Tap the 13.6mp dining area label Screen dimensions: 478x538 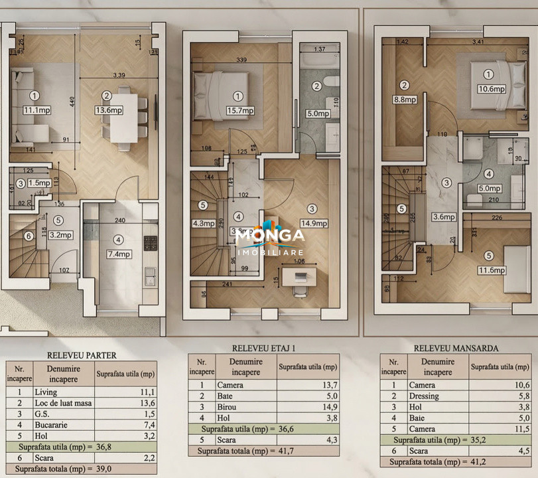point(107,110)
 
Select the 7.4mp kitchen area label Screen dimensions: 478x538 point(119,254)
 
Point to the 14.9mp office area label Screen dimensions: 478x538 point(312,224)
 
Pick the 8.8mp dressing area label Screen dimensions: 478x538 point(404,100)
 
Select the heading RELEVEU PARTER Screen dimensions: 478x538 point(82,355)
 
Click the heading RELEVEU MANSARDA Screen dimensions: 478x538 point(456,348)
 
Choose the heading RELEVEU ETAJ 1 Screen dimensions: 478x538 point(263,348)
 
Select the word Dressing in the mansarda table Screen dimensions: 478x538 point(425,396)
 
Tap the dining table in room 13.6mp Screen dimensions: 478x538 point(123,118)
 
